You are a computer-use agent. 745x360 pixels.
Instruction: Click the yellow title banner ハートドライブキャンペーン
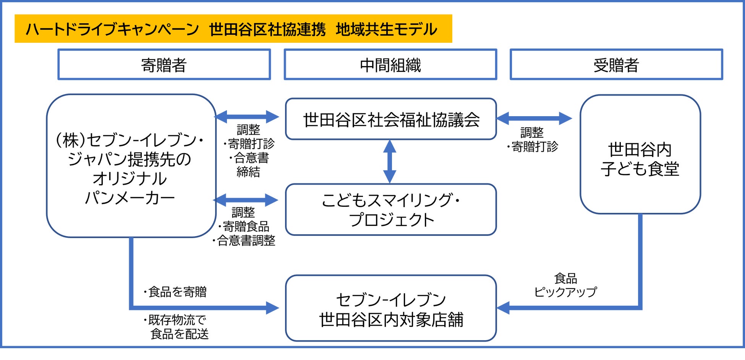click(233, 29)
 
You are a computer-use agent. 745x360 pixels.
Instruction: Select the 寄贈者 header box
click(164, 65)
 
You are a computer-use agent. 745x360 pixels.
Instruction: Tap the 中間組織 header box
click(390, 65)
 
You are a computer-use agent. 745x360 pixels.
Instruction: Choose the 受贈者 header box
click(616, 65)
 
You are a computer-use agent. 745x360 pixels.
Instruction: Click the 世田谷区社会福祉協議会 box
click(391, 119)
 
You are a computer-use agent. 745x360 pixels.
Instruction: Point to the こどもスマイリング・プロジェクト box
click(391, 209)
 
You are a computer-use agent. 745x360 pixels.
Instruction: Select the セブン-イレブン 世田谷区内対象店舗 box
click(391, 308)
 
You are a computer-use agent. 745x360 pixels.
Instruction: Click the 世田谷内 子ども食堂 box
click(640, 154)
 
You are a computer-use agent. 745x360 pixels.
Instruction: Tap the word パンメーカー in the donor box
click(130, 198)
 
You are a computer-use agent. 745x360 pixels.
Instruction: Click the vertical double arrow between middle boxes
click(389, 162)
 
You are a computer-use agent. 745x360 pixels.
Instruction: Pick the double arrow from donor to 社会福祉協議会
click(247, 117)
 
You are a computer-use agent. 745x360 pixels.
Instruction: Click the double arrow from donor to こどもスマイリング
click(246, 199)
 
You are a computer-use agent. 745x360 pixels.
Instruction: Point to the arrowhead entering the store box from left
click(272, 308)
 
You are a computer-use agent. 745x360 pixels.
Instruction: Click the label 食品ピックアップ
click(565, 285)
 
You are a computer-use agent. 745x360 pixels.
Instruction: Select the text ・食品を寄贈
click(175, 292)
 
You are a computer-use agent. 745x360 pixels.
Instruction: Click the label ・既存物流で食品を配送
click(177, 327)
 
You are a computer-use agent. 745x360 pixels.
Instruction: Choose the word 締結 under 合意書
click(248, 172)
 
